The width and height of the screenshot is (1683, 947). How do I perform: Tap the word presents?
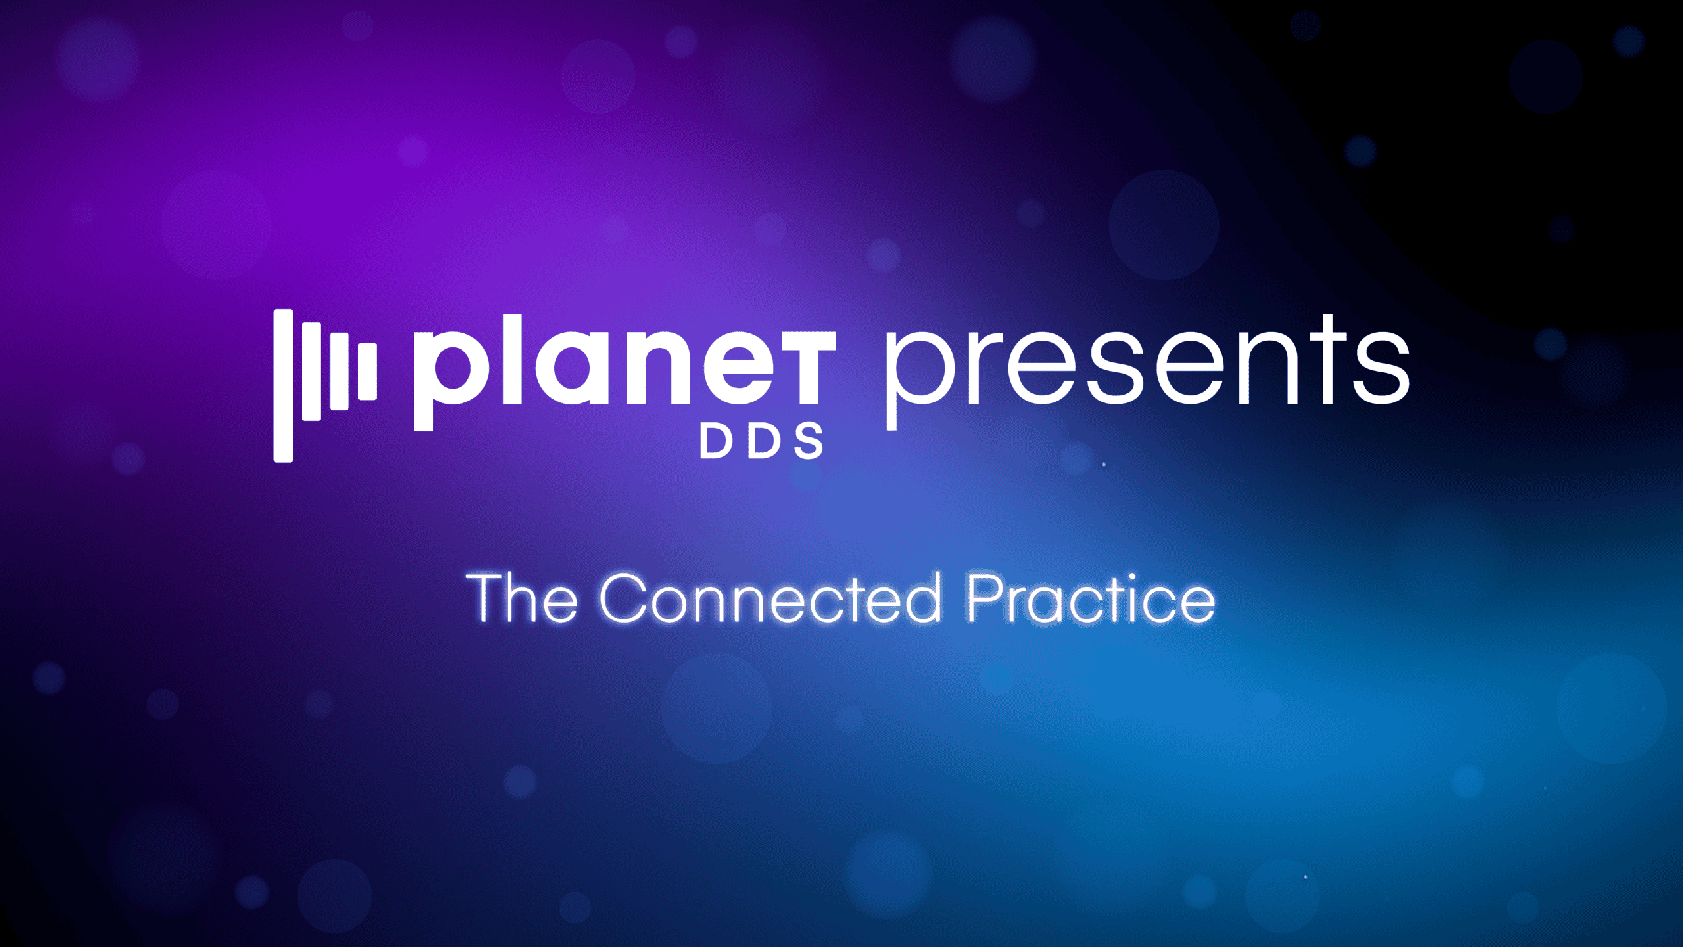[x=1147, y=372]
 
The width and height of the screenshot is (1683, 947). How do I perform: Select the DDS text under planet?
[x=761, y=441]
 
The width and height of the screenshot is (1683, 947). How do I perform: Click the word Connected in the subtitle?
[x=770, y=598]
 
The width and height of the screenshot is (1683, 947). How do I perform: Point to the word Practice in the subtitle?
[x=1091, y=598]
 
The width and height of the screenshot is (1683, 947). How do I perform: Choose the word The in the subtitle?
[x=522, y=598]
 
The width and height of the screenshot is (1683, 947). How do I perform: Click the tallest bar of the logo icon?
[x=283, y=386]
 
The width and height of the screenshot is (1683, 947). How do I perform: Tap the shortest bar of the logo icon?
[x=367, y=371]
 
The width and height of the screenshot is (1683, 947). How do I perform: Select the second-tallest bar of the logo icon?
[x=312, y=372]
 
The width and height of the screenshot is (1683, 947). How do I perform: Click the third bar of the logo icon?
[x=339, y=372]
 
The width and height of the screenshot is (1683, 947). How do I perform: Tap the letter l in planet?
[x=512, y=359]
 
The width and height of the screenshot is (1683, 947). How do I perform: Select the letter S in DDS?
[x=809, y=441]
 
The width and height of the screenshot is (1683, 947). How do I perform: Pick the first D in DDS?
[x=715, y=441]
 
